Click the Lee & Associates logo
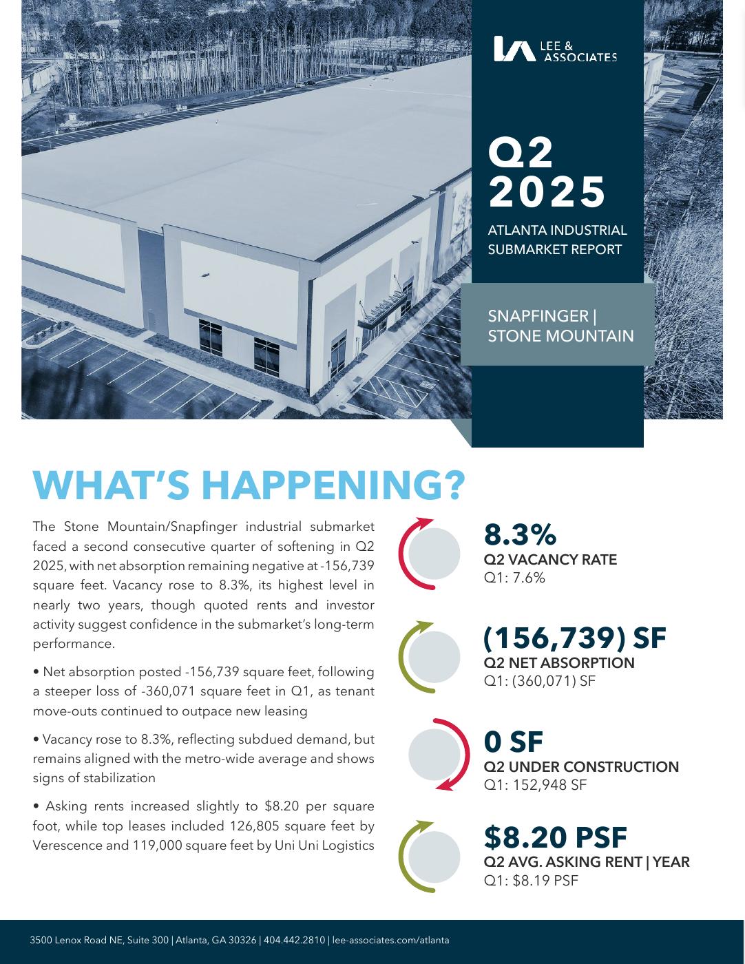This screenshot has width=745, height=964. click(x=555, y=49)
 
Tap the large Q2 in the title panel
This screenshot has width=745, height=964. click(x=521, y=153)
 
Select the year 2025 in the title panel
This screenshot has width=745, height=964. click(x=547, y=192)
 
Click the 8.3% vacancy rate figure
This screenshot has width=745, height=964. click(x=520, y=535)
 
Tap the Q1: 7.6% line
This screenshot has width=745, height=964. click(x=514, y=578)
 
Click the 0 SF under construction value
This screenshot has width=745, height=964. click(x=513, y=742)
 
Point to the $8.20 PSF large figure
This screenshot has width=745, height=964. click(x=555, y=838)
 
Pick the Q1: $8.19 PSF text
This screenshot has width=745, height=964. click(x=531, y=880)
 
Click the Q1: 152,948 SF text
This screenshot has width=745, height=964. click(x=535, y=785)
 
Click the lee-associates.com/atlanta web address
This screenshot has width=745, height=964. click(x=390, y=940)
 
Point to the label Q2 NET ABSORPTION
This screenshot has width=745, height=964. click(x=559, y=663)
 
